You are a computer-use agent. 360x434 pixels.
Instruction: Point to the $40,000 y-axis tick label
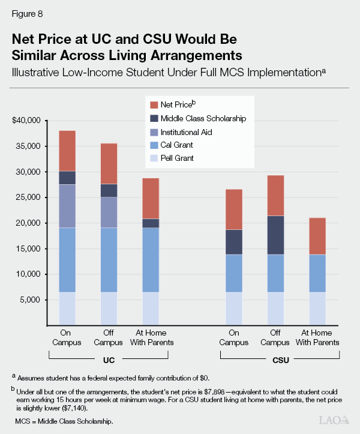pyautogui.click(x=26, y=121)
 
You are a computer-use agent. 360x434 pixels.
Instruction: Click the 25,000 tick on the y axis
pyautogui.click(x=28, y=197)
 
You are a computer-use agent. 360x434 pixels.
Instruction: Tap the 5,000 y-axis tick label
pyautogui.click(x=29, y=300)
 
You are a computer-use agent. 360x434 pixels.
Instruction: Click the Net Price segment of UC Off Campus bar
pyautogui.click(x=109, y=163)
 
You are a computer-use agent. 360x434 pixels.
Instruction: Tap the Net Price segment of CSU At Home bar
pyautogui.click(x=317, y=236)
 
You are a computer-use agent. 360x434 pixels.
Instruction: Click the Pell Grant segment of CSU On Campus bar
pyautogui.click(x=234, y=309)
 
